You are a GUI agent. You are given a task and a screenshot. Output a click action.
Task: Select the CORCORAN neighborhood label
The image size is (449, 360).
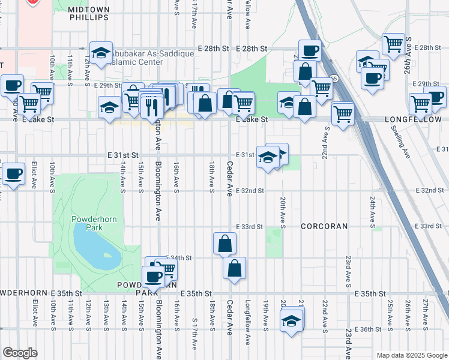[x=324, y=226]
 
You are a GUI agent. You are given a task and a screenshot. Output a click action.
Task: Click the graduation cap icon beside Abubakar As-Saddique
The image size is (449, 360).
[x=101, y=52]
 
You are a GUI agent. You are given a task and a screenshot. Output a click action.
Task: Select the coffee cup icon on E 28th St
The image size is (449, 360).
[x=310, y=50]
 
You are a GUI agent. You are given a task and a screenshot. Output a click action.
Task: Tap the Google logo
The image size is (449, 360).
[x=20, y=353]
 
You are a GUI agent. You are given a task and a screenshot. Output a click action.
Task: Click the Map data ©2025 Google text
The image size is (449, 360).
[x=411, y=355]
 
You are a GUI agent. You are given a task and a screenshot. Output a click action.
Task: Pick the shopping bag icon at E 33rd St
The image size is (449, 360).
[x=224, y=244]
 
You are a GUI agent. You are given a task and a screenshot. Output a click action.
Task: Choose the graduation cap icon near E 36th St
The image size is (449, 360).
[x=292, y=319]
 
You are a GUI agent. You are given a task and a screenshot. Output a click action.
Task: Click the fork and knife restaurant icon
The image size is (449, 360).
[x=151, y=106]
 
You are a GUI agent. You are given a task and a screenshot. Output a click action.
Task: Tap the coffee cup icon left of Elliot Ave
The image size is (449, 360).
[x=13, y=175]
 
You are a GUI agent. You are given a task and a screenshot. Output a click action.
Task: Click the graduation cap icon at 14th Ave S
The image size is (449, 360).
[x=109, y=108]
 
